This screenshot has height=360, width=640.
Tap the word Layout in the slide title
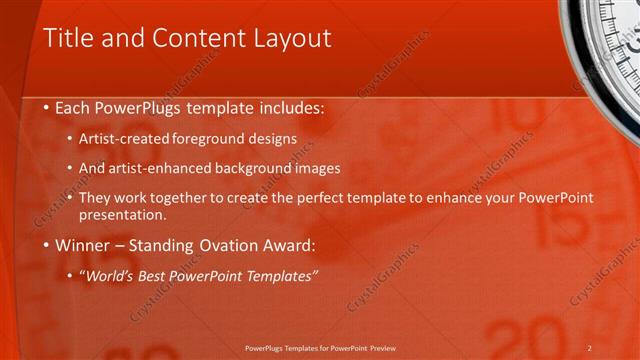coord(289,39)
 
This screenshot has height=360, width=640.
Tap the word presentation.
coord(121,214)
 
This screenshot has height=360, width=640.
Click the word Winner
coord(81,244)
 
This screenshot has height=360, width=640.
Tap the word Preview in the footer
coord(382,347)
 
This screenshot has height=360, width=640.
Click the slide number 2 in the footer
coord(590,347)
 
